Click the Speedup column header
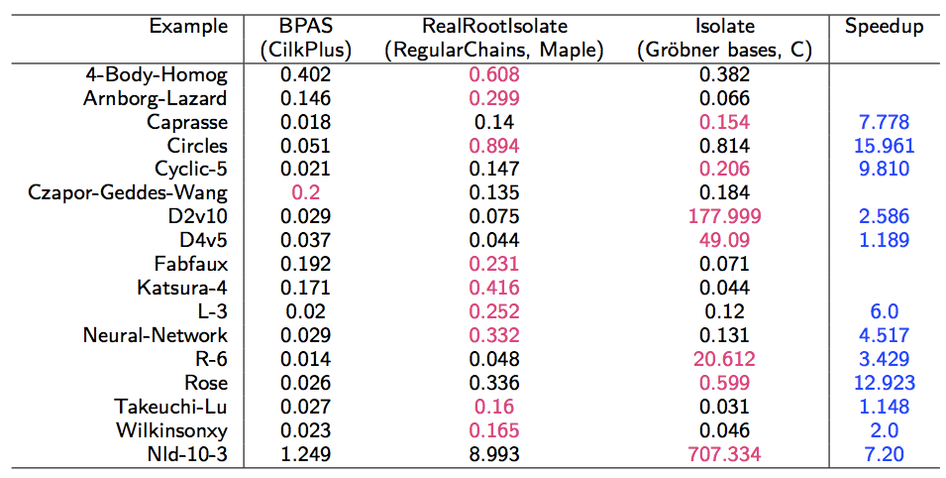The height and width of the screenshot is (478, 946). (884, 27)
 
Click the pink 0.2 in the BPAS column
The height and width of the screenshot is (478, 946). (298, 193)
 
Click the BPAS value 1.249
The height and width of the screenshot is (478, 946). (298, 455)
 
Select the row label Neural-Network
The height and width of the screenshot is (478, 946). (156, 336)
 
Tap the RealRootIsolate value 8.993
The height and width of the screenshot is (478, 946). (494, 455)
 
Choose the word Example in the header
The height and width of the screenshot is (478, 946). (188, 27)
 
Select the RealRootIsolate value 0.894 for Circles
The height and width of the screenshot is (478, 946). (494, 146)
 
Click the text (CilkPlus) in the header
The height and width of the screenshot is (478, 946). (298, 51)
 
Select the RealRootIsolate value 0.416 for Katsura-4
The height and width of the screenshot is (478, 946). (494, 289)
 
